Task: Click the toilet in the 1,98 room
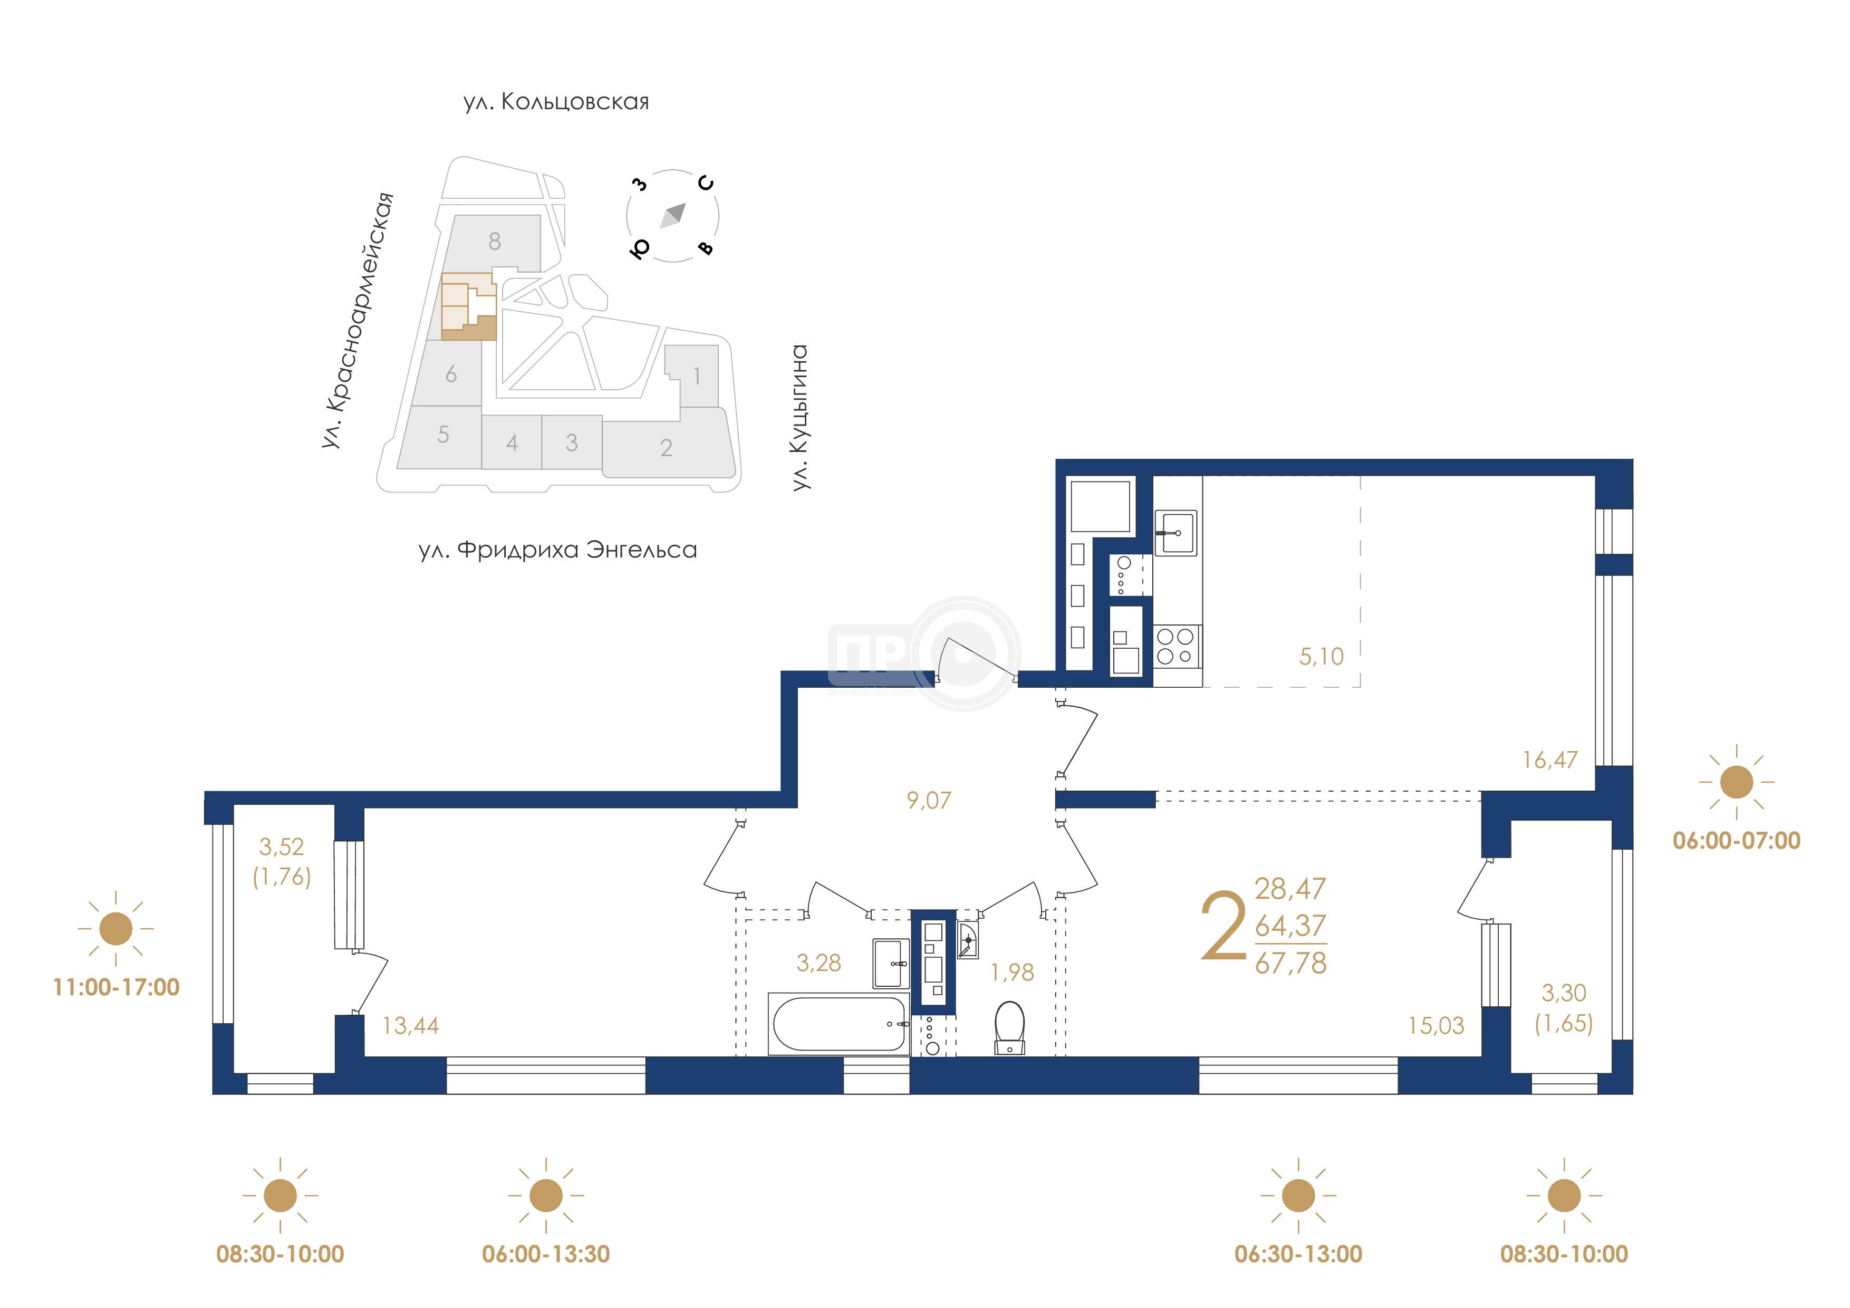pyautogui.click(x=1009, y=1027)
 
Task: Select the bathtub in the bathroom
pyautogui.click(x=839, y=1024)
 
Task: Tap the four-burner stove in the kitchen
pyautogui.click(x=1175, y=646)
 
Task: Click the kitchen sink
pyautogui.click(x=1175, y=533)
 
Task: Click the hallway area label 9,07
pyautogui.click(x=929, y=800)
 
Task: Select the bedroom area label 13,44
pyautogui.click(x=410, y=1025)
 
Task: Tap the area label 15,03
pyautogui.click(x=1436, y=1025)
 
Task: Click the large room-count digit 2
pyautogui.click(x=1222, y=926)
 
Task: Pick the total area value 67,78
pyautogui.click(x=1290, y=963)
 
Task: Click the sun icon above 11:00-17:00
pyautogui.click(x=116, y=928)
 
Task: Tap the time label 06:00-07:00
pyautogui.click(x=1737, y=841)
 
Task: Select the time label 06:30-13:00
pyautogui.click(x=1298, y=1254)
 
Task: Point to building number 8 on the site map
pyautogui.click(x=495, y=241)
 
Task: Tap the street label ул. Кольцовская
pyautogui.click(x=556, y=102)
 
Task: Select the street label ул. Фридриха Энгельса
pyautogui.click(x=557, y=550)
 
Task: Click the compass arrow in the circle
pyautogui.click(x=673, y=215)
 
